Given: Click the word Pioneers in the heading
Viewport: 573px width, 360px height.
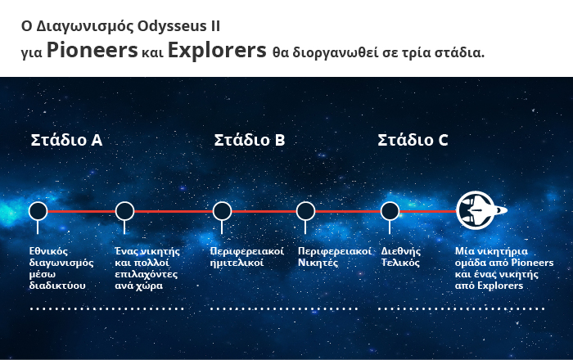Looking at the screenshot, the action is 92,50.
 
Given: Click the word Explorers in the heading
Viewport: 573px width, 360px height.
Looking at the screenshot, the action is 217,51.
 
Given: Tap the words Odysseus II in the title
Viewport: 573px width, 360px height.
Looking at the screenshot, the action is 178,27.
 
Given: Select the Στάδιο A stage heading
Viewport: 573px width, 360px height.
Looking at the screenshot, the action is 66,140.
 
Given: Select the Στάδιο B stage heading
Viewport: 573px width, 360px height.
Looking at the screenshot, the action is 249,140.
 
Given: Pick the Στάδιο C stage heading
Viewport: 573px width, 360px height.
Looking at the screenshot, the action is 413,140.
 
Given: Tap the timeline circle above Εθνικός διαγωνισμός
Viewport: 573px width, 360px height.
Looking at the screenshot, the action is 38,211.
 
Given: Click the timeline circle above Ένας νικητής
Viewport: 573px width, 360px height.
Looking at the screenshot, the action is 124,211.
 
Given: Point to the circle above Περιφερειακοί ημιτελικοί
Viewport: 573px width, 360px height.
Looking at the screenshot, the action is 222,211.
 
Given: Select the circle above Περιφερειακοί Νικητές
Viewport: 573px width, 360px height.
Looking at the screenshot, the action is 305,211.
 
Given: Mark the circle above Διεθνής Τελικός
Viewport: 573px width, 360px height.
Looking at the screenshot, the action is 390,211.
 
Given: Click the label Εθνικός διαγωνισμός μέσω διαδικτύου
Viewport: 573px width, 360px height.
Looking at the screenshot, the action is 61,268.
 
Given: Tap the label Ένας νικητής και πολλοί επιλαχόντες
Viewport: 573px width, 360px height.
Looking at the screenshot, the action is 147,268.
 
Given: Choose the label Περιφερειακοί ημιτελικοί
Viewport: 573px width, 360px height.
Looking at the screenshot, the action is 247,257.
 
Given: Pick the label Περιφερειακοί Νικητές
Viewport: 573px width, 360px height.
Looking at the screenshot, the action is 334,257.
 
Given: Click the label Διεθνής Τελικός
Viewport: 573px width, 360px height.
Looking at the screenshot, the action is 401,257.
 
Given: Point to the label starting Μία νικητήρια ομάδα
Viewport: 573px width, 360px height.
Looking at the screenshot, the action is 504,268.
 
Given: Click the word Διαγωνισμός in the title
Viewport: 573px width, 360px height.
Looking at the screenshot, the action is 85,27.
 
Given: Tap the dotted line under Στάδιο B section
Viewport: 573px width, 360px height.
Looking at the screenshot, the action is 284,309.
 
